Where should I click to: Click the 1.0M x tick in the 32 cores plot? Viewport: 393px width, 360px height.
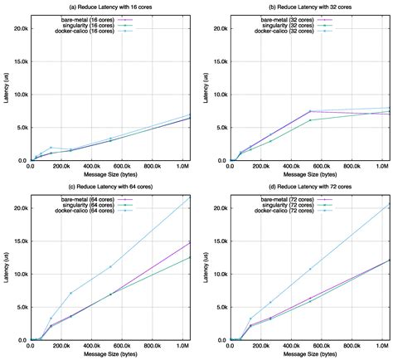[x=382, y=168]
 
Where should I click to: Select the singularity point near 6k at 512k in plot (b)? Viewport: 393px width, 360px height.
[x=310, y=120]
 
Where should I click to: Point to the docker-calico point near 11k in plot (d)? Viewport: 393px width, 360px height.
[x=310, y=269]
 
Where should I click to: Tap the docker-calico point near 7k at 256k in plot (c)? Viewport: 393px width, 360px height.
[x=70, y=293]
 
